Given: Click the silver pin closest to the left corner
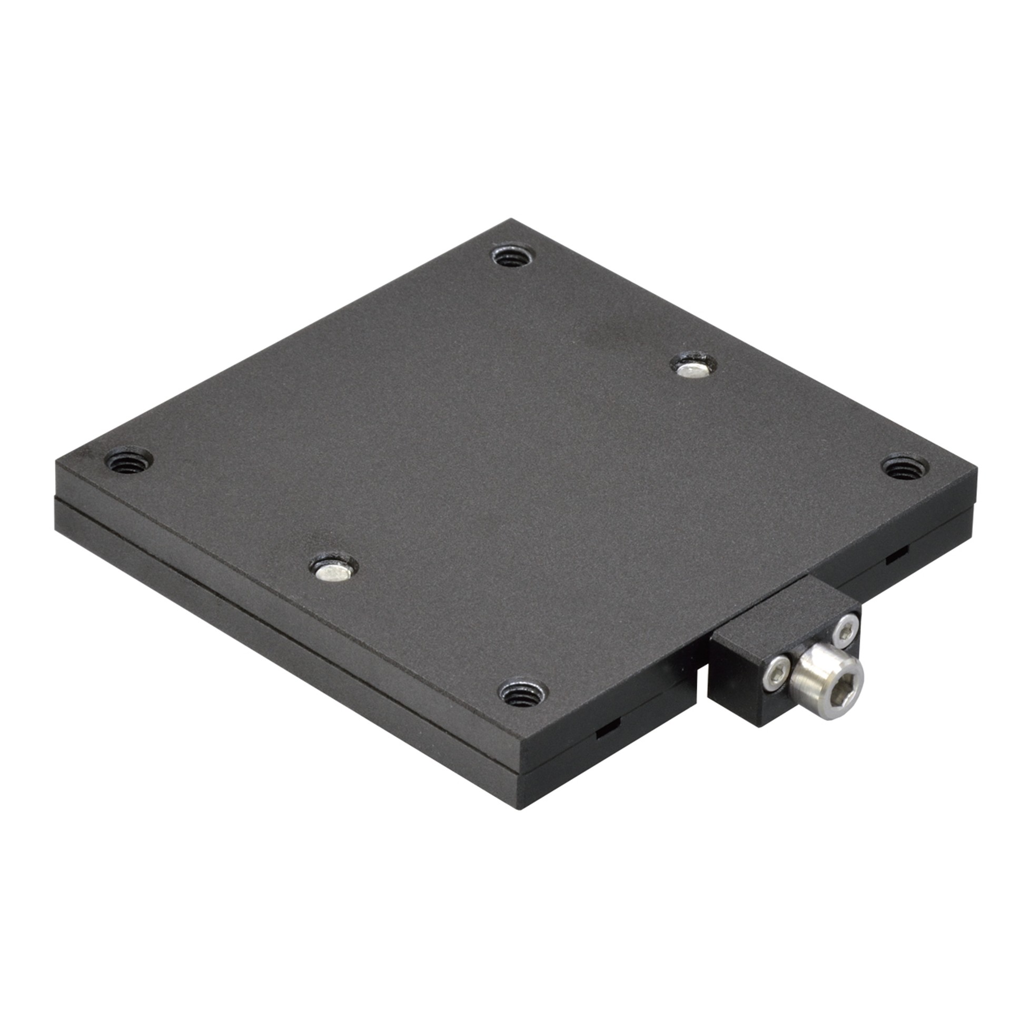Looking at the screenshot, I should point(334,571).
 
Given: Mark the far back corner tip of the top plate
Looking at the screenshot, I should point(511,220).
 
